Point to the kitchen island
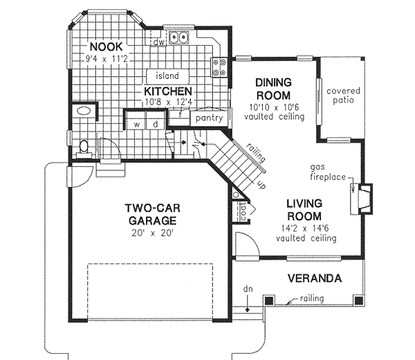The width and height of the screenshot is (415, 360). point(167,75)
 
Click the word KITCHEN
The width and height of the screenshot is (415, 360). point(167,91)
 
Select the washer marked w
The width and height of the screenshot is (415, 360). point(137,124)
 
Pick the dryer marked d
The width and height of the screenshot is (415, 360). point(156,124)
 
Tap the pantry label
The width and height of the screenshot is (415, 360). point(209,118)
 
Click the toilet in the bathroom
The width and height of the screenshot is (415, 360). point(84,146)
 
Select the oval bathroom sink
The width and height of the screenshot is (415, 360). point(84,111)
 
